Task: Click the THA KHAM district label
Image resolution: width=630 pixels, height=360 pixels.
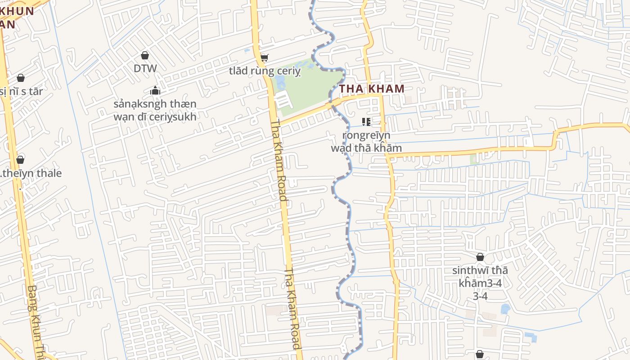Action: [372, 89]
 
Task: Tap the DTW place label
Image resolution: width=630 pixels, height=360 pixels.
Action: [145, 68]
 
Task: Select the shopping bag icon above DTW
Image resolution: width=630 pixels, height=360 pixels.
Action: [145, 55]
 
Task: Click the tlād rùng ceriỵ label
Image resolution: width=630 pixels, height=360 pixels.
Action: [265, 71]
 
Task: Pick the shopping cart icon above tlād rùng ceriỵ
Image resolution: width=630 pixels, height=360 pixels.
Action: [265, 58]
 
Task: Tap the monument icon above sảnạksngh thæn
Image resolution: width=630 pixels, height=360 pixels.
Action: [155, 91]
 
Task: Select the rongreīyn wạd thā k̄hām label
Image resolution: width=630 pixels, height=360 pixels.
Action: [366, 141]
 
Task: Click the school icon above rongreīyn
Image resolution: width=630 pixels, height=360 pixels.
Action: [366, 121]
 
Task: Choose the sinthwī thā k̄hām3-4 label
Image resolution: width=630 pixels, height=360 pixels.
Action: [480, 276]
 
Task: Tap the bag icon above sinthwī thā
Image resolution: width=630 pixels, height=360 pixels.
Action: [480, 257]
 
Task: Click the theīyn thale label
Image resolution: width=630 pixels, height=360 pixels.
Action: [31, 173]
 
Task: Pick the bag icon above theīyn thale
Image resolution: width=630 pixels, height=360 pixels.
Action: [20, 160]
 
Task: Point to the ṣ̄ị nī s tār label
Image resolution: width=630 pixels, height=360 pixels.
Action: [22, 91]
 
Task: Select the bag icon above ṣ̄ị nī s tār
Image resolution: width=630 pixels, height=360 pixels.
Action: [20, 78]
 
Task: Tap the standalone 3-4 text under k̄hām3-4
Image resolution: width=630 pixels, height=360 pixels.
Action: [480, 296]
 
